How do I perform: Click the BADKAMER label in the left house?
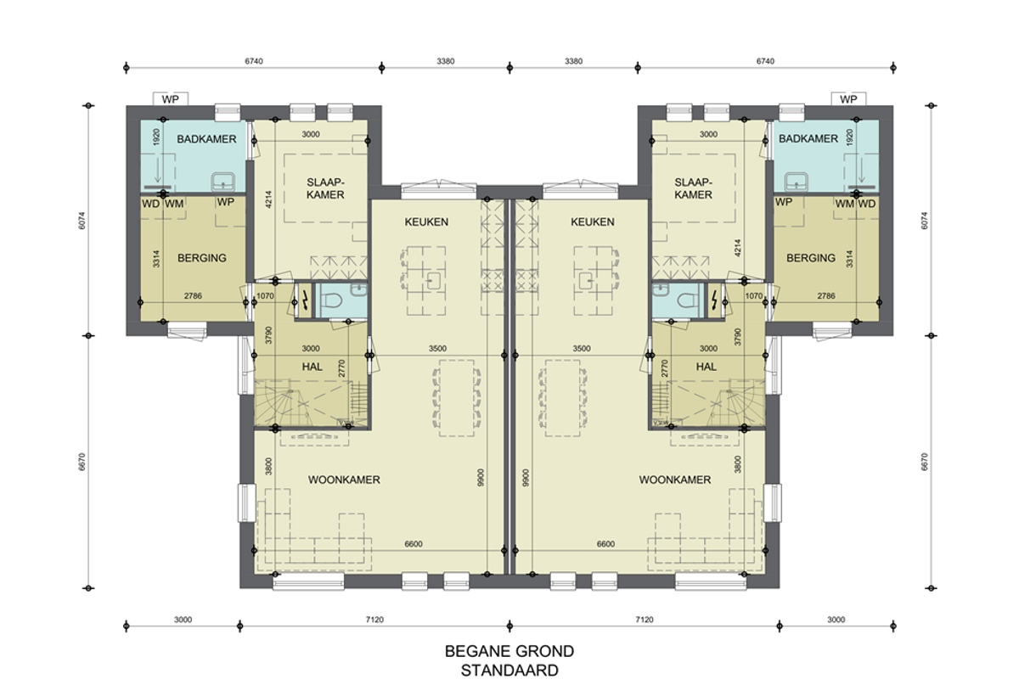[206, 138]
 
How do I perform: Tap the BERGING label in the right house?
[811, 258]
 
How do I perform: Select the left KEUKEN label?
[426, 222]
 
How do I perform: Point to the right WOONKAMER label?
[674, 480]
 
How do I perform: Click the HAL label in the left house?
[312, 367]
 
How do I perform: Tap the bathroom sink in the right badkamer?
[797, 182]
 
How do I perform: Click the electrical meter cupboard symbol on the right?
[716, 300]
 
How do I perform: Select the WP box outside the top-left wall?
[170, 99]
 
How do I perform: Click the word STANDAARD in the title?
[509, 671]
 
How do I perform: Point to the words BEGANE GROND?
[509, 651]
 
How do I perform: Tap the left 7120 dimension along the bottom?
[374, 620]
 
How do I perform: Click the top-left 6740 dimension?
[254, 61]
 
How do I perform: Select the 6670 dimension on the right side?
[924, 462]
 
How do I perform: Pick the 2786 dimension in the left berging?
[193, 295]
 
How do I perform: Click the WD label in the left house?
[150, 204]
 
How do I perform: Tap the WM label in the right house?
[845, 204]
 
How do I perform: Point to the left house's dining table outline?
[457, 398]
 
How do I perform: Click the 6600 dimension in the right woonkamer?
[605, 544]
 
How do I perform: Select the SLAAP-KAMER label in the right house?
[693, 188]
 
